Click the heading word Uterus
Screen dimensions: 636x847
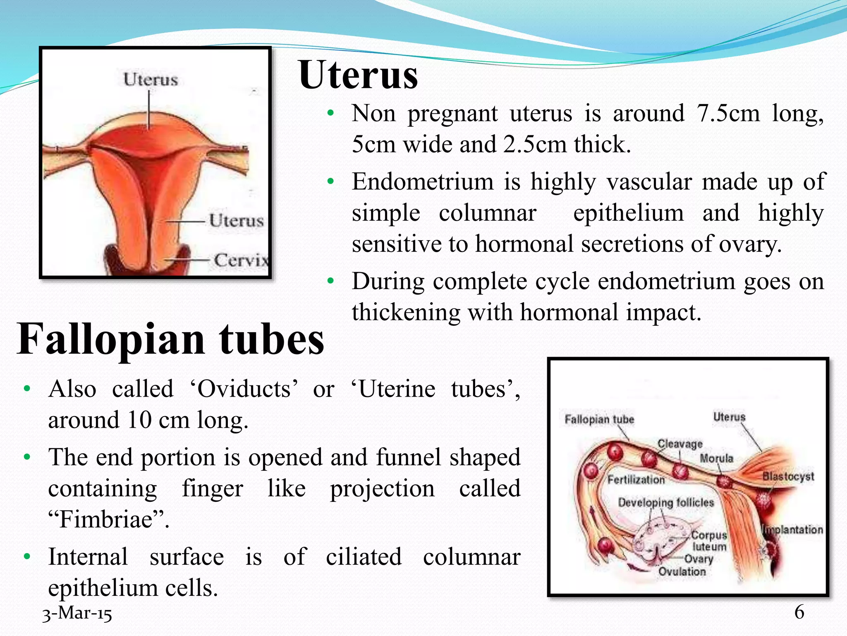[x=358, y=75]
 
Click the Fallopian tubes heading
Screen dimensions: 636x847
[x=170, y=339]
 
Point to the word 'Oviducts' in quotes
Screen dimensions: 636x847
[x=244, y=389]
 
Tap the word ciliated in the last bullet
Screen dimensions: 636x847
[x=364, y=556]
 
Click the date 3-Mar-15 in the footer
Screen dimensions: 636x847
[x=77, y=613]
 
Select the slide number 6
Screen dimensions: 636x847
[x=799, y=612]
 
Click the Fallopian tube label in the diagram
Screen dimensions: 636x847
[x=599, y=419]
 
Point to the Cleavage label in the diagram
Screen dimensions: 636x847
[x=680, y=444]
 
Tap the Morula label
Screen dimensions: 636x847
[x=716, y=458]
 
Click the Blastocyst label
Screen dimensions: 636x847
[x=788, y=477]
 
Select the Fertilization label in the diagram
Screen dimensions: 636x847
[x=636, y=480]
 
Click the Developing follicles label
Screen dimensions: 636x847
[x=666, y=503]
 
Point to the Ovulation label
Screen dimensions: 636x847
[x=682, y=572]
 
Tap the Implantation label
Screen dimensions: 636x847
[x=793, y=530]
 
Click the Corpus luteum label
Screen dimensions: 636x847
[x=709, y=541]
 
